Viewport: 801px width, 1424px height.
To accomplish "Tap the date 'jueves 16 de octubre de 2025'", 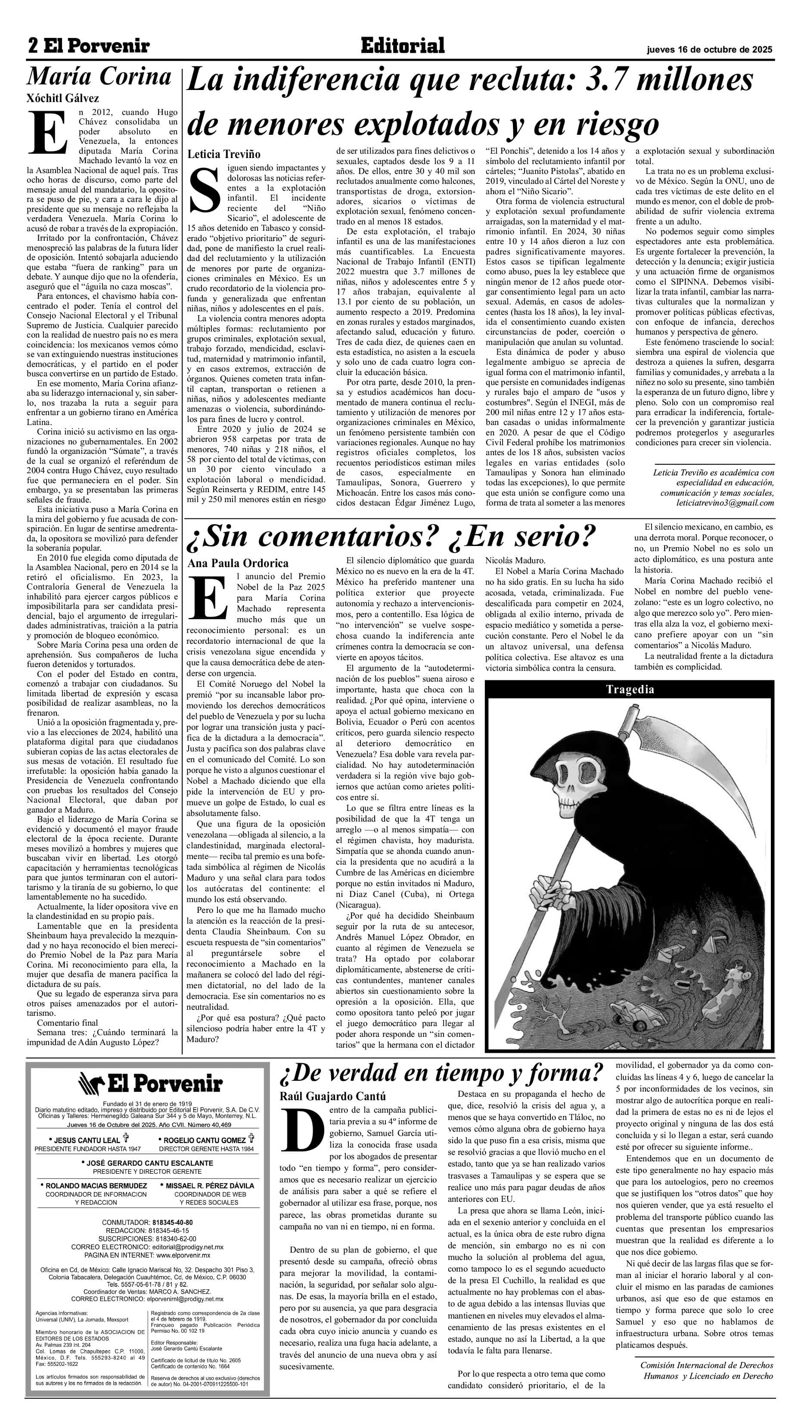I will (x=710, y=49).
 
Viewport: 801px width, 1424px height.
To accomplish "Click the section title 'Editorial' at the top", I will (x=402, y=46).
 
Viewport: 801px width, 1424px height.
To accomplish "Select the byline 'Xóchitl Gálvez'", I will (x=63, y=99).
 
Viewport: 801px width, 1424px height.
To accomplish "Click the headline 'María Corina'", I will (x=99, y=76).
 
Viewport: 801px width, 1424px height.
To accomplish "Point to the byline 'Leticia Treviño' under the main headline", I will (x=224, y=154).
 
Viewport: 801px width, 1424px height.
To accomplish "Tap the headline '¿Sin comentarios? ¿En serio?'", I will (x=392, y=535).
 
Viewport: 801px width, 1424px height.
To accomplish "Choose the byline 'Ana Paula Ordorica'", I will (x=238, y=563).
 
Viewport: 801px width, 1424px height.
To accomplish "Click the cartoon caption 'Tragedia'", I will (x=630, y=689).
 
